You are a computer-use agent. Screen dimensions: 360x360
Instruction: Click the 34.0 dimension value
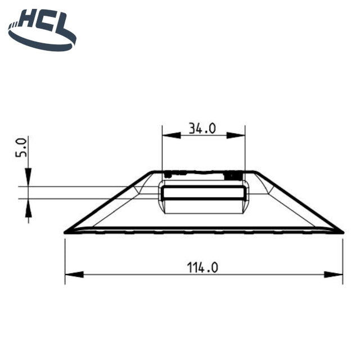pyautogui.click(x=202, y=128)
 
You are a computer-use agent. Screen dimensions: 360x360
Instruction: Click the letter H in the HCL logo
pyautogui.click(x=28, y=22)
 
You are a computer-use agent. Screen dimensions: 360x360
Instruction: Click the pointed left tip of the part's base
pyautogui.click(x=66, y=231)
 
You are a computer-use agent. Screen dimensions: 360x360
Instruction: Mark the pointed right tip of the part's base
pyautogui.click(x=342, y=231)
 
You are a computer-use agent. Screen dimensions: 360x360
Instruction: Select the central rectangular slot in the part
pyautogui.click(x=204, y=192)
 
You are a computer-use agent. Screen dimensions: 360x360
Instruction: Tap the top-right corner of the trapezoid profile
pyautogui.click(x=254, y=172)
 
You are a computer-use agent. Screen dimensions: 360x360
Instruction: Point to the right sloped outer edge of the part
pyautogui.click(x=298, y=201)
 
